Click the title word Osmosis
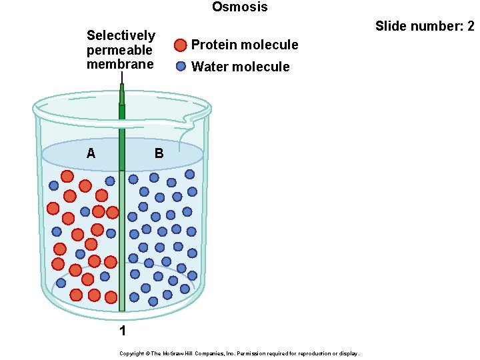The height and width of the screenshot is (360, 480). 240,7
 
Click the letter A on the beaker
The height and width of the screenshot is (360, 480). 91,153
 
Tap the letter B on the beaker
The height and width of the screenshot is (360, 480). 159,153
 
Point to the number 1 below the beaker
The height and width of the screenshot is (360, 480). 123,331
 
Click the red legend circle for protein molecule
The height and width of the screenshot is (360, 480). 181,45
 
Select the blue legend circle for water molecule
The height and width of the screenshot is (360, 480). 181,66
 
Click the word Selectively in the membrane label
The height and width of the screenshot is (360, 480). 121,35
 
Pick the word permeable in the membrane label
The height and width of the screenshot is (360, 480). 119,50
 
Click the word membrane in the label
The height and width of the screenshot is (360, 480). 120,64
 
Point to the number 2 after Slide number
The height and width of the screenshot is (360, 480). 470,27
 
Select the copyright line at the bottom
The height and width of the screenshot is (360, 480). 239,353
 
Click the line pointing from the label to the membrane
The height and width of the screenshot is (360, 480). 122,77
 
